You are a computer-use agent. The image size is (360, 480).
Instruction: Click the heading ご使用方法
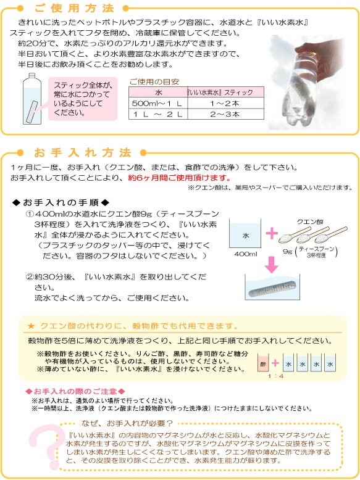click(x=74, y=8)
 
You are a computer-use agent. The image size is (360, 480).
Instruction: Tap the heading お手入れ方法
click(x=83, y=152)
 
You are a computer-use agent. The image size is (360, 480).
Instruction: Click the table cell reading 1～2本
click(x=225, y=103)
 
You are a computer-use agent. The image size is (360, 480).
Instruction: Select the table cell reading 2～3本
click(x=225, y=114)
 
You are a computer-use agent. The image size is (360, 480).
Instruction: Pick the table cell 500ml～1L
click(x=158, y=103)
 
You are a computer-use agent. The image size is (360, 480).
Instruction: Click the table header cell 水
click(x=158, y=92)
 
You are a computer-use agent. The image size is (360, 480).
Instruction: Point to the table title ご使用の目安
click(x=154, y=81)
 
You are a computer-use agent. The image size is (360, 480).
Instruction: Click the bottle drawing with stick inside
click(x=32, y=99)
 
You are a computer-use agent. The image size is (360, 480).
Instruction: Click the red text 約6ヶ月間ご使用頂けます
click(x=179, y=178)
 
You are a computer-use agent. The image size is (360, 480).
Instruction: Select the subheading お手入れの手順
click(x=61, y=202)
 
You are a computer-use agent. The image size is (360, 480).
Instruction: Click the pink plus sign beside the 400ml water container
click(x=272, y=234)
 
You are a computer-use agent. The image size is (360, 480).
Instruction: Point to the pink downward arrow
click(x=272, y=264)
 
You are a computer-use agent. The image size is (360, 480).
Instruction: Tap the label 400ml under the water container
click(x=246, y=254)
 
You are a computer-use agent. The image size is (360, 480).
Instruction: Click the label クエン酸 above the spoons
click(x=310, y=221)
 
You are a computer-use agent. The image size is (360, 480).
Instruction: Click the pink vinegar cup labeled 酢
click(x=263, y=363)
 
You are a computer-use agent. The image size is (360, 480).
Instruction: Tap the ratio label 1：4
click(x=275, y=376)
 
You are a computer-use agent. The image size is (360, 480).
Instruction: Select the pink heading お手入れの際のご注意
click(x=75, y=391)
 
